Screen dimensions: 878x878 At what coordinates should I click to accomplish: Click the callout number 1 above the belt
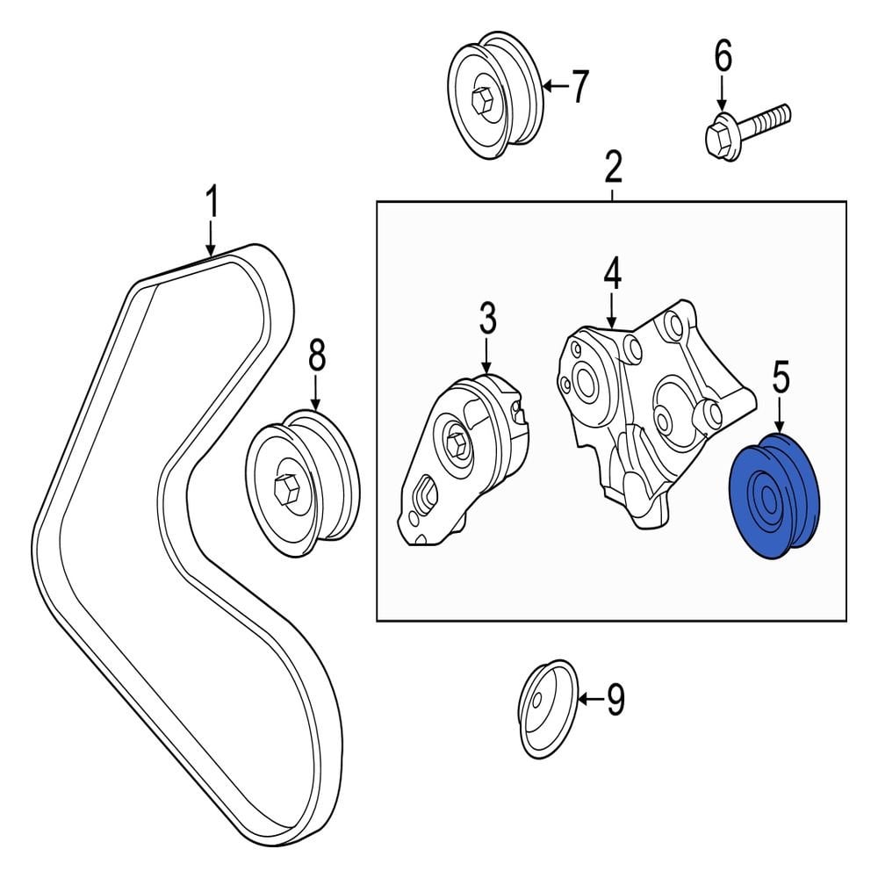tap(211, 203)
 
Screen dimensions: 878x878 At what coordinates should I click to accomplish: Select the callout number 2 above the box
tap(612, 166)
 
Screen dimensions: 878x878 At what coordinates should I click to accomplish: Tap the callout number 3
tap(488, 319)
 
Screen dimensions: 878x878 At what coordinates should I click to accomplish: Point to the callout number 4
tap(612, 274)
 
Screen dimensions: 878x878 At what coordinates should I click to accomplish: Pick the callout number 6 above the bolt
tap(722, 57)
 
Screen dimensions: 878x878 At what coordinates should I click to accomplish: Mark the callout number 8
tap(316, 356)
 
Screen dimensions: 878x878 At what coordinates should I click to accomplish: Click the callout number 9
tap(615, 699)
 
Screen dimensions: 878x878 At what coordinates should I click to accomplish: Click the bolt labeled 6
tap(746, 127)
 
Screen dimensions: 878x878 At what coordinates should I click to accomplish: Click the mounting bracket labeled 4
tap(650, 413)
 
